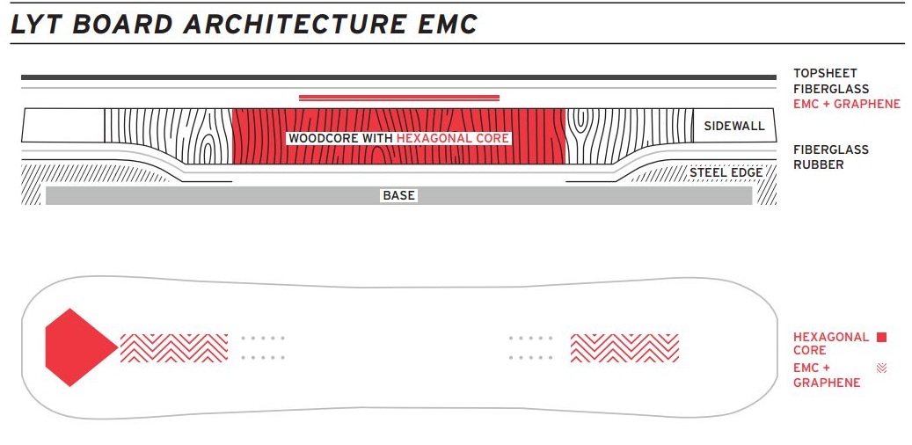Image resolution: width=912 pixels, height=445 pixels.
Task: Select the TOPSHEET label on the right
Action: click(x=825, y=74)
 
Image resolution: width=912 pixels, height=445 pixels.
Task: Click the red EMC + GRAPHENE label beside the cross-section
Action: click(x=847, y=104)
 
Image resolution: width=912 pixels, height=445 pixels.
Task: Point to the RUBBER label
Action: click(x=818, y=164)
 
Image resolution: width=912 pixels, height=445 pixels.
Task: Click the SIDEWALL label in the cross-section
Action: click(x=734, y=126)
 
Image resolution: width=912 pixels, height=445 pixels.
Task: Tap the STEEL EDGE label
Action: click(x=726, y=172)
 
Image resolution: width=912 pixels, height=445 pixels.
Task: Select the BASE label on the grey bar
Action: click(x=398, y=195)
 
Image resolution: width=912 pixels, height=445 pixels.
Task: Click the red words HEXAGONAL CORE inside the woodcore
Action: click(x=453, y=138)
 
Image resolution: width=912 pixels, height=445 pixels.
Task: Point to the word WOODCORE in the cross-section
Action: click(x=322, y=138)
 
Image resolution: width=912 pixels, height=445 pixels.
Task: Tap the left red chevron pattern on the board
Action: click(x=174, y=347)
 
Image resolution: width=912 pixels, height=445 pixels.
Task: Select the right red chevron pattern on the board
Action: click(x=624, y=347)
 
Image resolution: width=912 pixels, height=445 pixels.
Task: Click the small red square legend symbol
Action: click(x=881, y=337)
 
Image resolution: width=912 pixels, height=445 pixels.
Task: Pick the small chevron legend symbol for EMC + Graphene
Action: click(x=881, y=368)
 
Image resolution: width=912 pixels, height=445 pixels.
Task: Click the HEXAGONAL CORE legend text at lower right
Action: click(x=830, y=343)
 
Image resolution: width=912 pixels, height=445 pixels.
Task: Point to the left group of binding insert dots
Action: click(x=263, y=347)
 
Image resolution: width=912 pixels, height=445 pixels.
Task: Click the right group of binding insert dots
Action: click(x=530, y=347)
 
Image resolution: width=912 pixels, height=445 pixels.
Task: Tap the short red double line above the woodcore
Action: click(x=399, y=98)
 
